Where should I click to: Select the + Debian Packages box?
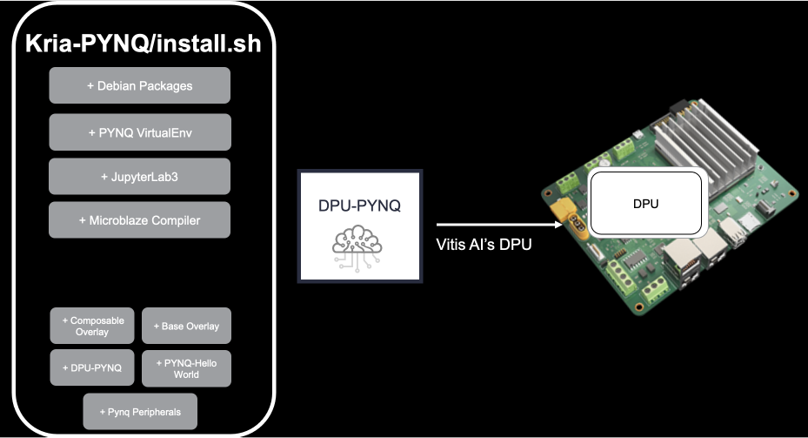tap(139, 86)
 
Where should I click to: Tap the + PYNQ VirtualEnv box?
tap(139, 133)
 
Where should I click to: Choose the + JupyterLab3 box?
tap(139, 177)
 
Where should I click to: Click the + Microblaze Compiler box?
tap(139, 220)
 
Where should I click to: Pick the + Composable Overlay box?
tap(92, 326)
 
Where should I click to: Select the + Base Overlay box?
tap(186, 326)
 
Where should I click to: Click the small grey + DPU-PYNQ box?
tap(92, 368)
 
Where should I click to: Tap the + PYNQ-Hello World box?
tap(186, 368)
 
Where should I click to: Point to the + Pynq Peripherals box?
tap(139, 411)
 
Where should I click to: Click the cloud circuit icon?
tap(359, 246)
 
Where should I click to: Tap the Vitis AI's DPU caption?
tap(484, 246)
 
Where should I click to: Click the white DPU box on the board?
tap(645, 204)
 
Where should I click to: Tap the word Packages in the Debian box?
tap(158, 86)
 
